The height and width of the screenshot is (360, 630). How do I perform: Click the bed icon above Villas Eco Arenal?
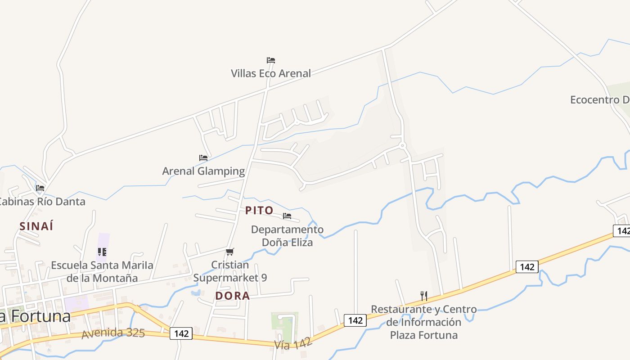(270, 60)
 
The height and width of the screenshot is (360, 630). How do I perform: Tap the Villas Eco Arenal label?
(270, 73)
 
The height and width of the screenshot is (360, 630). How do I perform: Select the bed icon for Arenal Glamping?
(203, 158)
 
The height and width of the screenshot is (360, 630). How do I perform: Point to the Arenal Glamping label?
(203, 171)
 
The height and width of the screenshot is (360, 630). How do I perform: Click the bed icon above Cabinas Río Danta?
(40, 188)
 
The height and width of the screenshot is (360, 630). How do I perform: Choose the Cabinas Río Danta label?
(42, 201)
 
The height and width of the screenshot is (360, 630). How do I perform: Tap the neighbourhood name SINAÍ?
(36, 226)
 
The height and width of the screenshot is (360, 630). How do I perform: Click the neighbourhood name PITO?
(259, 210)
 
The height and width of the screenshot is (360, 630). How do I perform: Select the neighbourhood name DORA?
(232, 296)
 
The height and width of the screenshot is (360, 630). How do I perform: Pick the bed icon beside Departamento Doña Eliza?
(287, 216)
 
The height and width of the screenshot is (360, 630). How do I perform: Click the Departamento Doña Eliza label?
(287, 236)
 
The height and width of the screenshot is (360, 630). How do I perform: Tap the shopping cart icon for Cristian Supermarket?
(230, 252)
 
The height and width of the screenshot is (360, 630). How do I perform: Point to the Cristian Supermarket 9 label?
(230, 271)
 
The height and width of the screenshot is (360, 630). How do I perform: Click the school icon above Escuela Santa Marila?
(102, 252)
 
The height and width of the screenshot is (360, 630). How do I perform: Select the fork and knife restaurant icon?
(423, 296)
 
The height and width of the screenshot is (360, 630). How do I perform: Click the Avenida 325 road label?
(113, 333)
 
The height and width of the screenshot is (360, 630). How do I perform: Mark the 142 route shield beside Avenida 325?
(181, 333)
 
